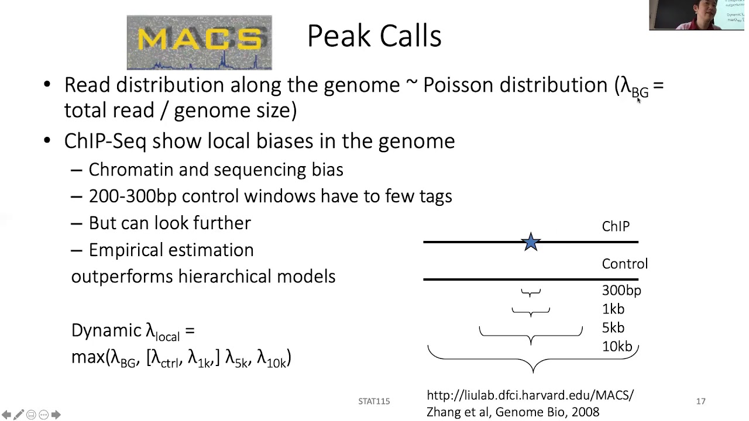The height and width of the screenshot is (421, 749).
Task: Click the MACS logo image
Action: pos(199,42)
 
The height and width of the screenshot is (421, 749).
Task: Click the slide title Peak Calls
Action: pos(374,36)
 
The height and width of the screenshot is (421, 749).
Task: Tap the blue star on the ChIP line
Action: pos(531,242)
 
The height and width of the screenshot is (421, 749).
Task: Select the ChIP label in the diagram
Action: pos(616,226)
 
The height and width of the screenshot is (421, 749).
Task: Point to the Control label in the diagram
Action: pos(624,264)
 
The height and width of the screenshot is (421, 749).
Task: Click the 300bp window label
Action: pos(621,291)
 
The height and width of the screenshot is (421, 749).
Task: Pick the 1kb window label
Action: pos(613,309)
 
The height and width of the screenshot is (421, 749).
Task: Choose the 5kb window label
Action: pos(613,328)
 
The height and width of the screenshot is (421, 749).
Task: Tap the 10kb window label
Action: pos(617,347)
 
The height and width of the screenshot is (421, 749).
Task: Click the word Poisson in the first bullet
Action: pos(458,85)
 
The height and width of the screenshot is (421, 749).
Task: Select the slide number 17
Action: pos(700,401)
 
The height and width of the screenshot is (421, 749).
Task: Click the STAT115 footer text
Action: pos(374,401)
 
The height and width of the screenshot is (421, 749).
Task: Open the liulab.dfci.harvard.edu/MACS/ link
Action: pos(530,395)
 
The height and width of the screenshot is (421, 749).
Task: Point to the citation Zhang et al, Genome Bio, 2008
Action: pos(513,412)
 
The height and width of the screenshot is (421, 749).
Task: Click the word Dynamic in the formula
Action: pos(106,330)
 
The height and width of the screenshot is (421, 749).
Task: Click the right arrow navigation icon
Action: pos(56,415)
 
